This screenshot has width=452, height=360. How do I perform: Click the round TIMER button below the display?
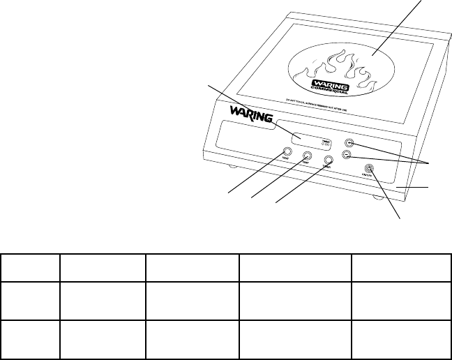[x=306, y=158]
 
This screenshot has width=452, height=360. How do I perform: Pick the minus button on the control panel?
[x=347, y=154]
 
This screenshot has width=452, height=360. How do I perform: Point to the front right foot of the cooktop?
[x=379, y=197]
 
